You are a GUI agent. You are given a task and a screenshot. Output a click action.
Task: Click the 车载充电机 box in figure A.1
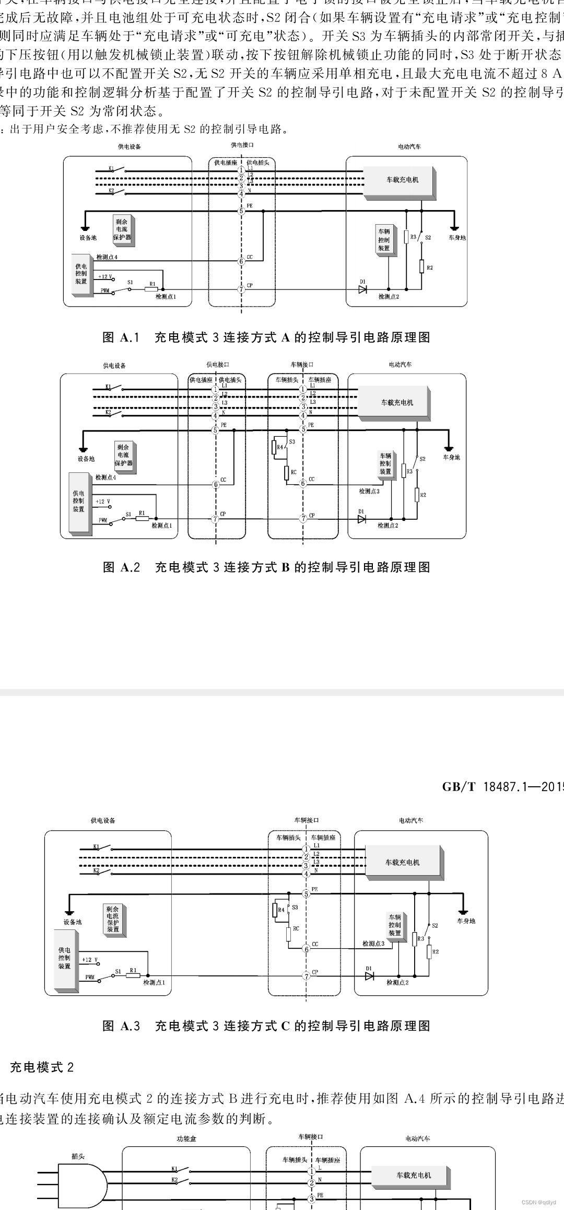399,181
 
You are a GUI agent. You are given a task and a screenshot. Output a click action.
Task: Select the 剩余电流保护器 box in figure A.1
122,229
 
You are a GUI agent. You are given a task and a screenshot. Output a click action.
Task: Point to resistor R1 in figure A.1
152,288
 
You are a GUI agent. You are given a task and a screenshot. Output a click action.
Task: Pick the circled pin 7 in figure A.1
241,289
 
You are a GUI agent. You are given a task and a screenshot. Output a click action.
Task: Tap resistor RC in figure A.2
287,473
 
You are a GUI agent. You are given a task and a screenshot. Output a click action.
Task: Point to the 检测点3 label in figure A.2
369,491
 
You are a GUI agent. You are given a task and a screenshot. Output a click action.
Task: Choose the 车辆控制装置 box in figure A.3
395,925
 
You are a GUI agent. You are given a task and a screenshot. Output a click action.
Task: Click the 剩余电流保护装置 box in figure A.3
112,919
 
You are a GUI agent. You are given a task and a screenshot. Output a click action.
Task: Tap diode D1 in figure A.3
370,975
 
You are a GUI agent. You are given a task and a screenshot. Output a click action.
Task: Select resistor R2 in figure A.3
429,952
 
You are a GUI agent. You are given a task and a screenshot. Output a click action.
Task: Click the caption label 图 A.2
122,567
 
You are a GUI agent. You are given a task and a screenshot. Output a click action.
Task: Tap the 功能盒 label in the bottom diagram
186,1138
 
